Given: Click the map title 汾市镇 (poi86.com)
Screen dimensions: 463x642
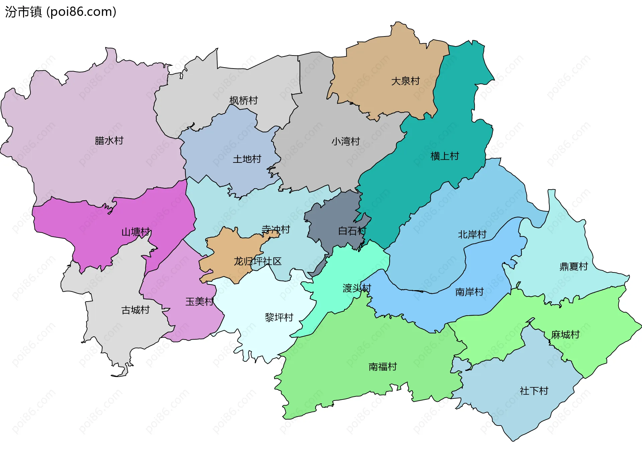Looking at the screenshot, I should [61, 12].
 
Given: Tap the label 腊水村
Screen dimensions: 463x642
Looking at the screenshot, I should [109, 140].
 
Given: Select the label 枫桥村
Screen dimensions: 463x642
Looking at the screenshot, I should [243, 100].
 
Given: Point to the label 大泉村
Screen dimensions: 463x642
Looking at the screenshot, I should [405, 81].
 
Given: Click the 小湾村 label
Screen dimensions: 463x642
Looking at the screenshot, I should [345, 141].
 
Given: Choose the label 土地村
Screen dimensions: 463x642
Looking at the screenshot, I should [247, 159].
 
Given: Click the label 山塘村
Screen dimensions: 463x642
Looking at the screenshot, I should [136, 232].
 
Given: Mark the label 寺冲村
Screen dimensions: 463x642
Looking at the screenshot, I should [276, 229].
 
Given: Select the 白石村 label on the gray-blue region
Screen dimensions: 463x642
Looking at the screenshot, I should [352, 231].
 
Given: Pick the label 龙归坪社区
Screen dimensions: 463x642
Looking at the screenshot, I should [257, 261].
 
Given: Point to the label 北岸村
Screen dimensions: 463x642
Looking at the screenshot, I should [472, 234].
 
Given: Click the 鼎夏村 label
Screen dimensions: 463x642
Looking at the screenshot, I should [573, 266].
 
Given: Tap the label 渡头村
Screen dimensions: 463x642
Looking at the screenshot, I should [357, 288].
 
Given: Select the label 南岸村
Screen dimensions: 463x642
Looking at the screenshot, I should [469, 292].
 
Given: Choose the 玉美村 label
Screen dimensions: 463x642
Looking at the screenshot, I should [200, 302].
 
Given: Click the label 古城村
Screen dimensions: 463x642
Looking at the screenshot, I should [135, 310].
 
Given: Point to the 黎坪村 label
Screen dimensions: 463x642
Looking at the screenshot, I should [279, 317].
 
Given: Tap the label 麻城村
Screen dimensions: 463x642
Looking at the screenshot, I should [565, 334].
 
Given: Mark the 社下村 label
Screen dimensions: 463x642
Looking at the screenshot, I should [534, 390].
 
